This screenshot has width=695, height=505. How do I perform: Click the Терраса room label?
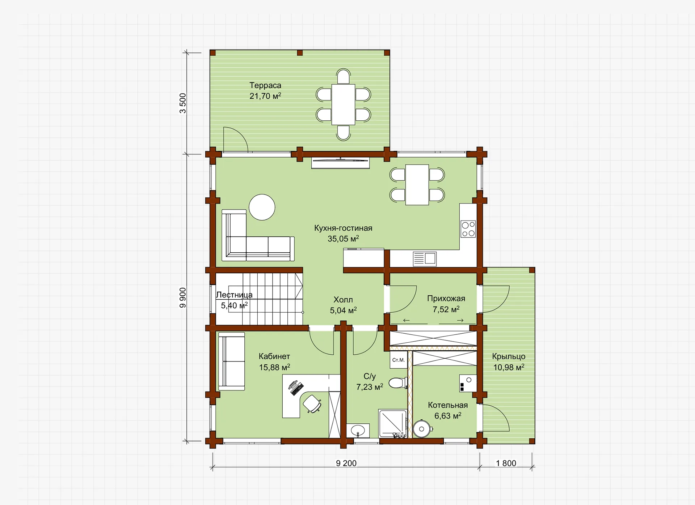tap(265, 85)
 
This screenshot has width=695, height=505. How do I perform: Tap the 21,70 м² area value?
tap(265, 96)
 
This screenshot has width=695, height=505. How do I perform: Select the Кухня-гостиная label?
tap(343, 228)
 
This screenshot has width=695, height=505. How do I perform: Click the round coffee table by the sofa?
tap(262, 207)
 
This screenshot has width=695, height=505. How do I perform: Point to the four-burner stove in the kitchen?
tap(468, 229)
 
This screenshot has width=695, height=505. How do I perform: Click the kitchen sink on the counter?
tap(425, 259)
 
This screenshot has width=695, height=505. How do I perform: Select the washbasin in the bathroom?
tap(358, 431)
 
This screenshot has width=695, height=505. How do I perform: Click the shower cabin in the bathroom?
tap(393, 423)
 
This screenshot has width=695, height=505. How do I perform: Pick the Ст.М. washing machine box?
tap(399, 360)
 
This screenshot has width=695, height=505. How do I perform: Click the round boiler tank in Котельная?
tap(422, 429)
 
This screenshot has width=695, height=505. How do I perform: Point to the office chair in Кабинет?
tap(312, 403)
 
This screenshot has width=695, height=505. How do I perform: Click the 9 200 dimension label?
tap(346, 463)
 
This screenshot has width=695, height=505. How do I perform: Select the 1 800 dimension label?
tap(506, 463)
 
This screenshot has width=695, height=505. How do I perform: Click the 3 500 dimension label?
tap(183, 103)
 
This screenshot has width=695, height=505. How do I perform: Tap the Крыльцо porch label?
tap(509, 356)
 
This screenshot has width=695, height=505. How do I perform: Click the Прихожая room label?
tap(446, 299)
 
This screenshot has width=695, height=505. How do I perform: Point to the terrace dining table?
tap(344, 104)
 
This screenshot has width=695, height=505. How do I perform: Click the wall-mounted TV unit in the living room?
tap(340, 163)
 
